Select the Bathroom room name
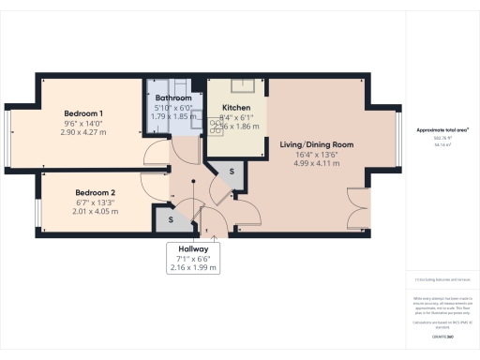point(173,97)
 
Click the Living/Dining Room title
point(316,145)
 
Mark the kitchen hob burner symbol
point(217,127)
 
